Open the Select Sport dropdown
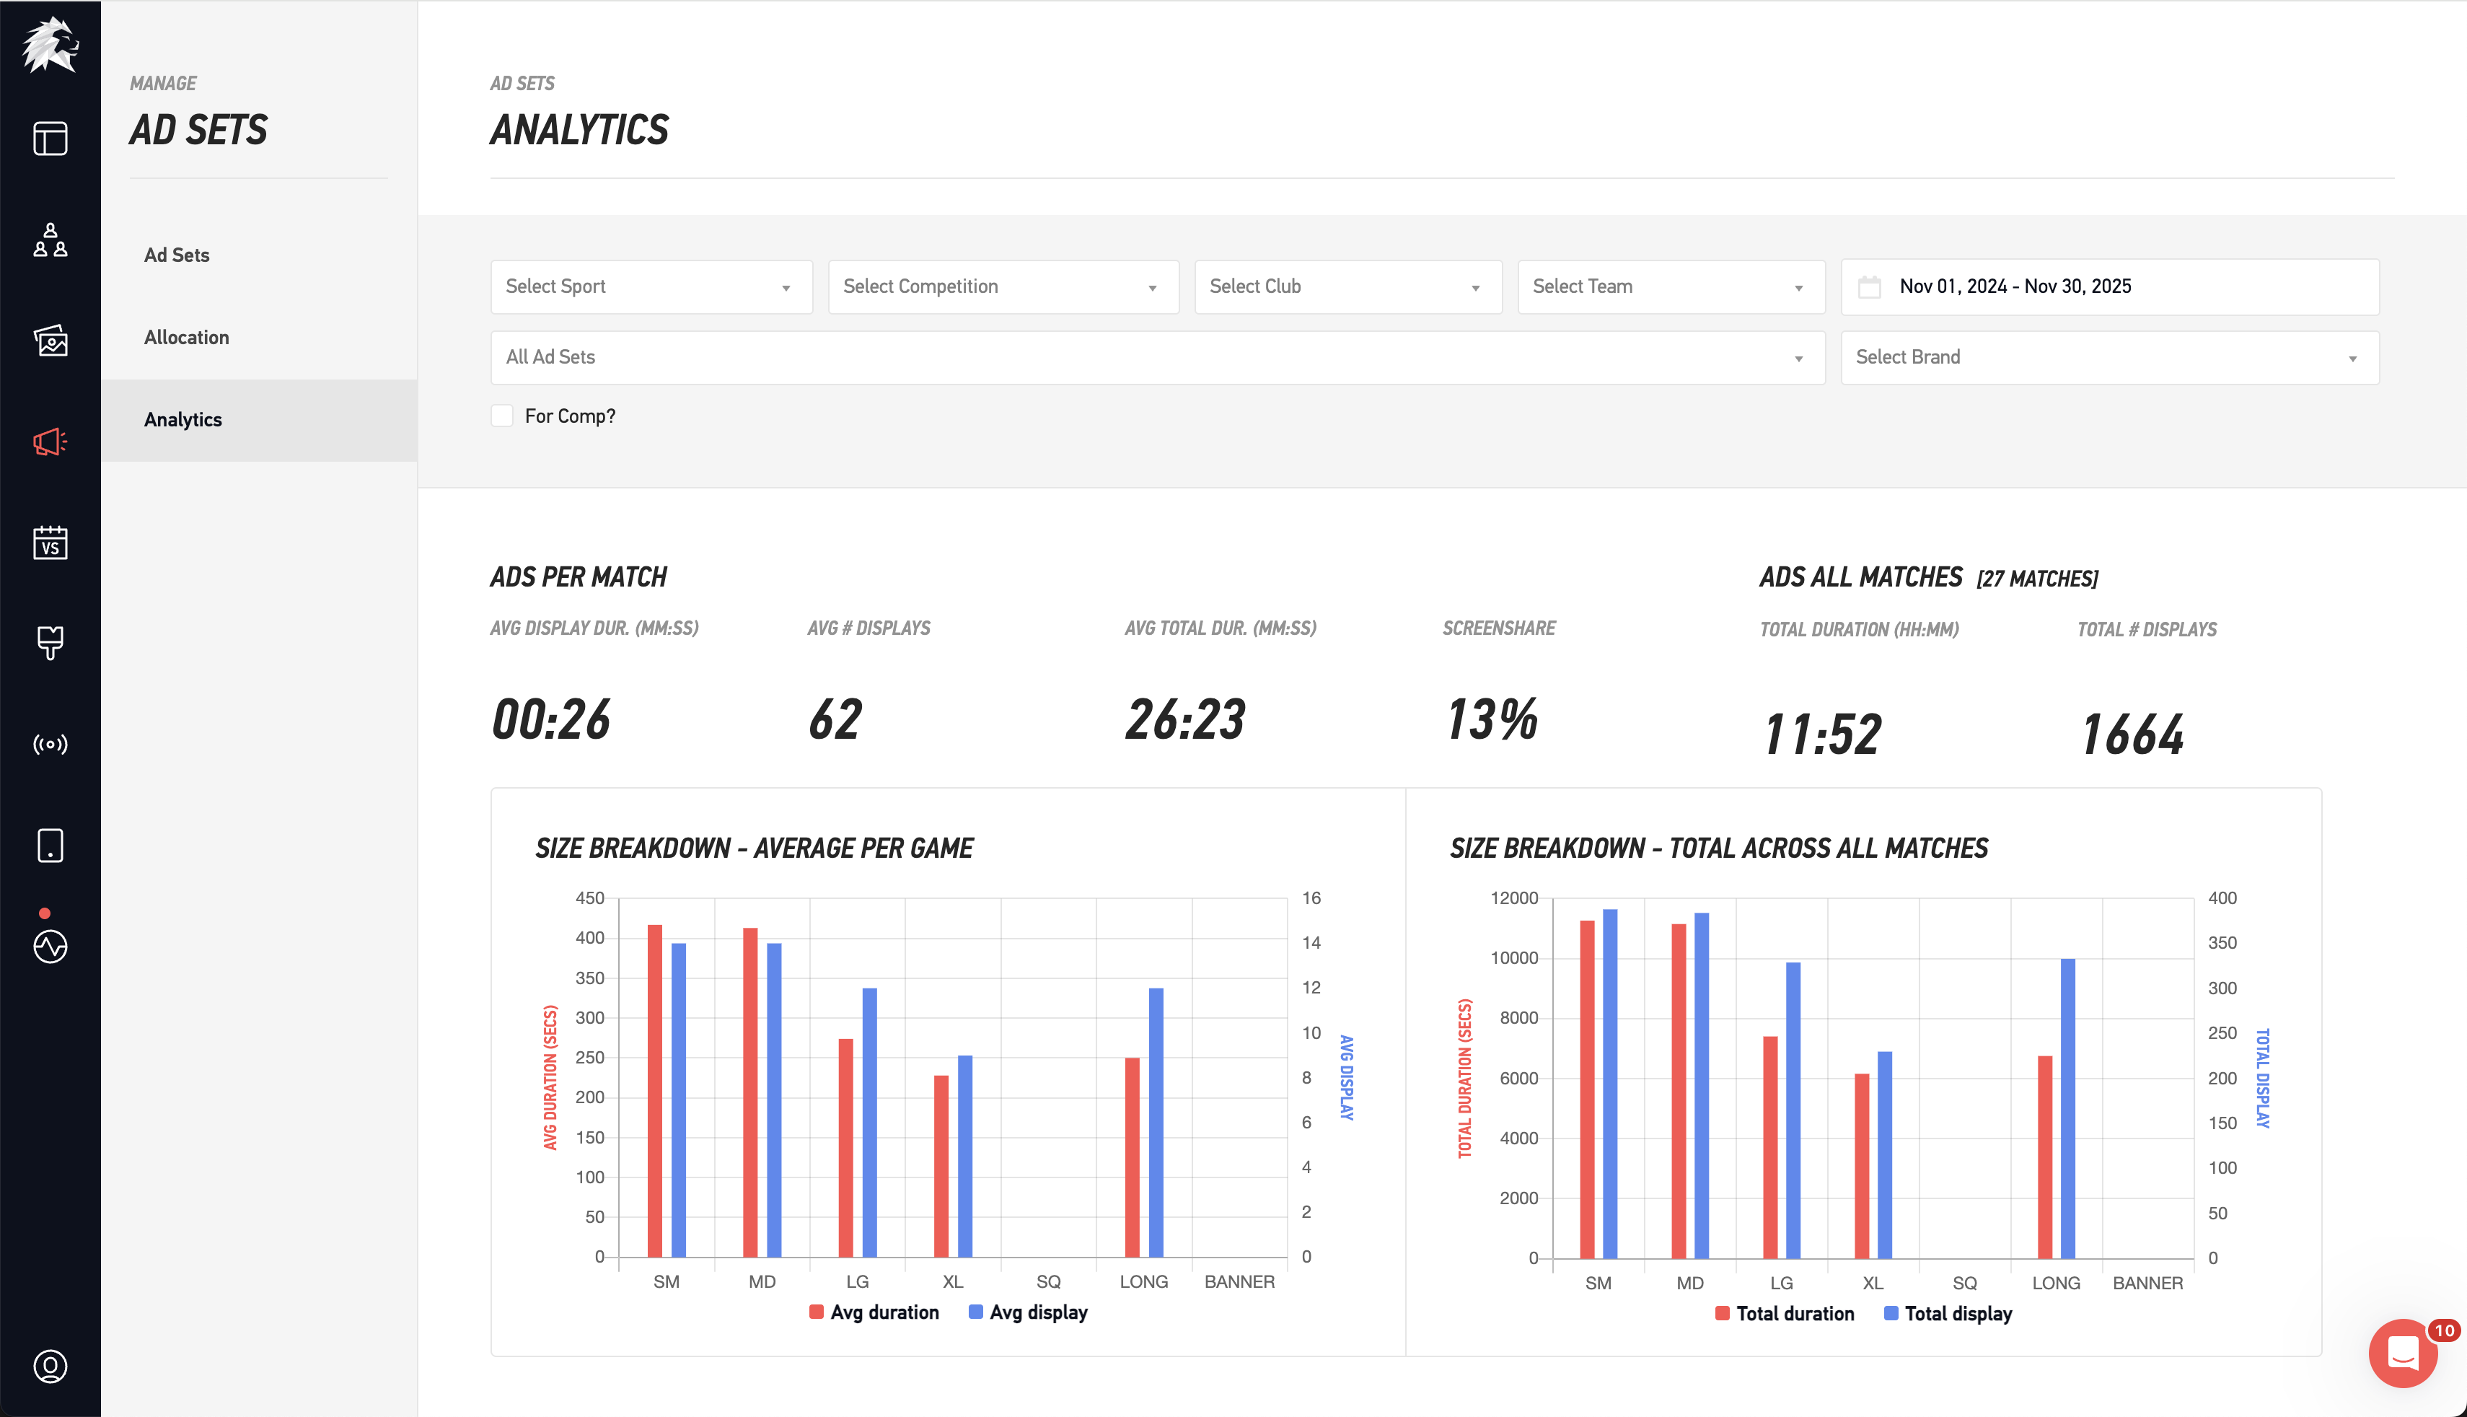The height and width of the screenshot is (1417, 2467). coord(651,286)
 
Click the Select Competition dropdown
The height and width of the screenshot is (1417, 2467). coord(1003,286)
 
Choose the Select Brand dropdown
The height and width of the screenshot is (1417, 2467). coord(2109,357)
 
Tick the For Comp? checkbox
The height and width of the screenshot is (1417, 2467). coord(502,416)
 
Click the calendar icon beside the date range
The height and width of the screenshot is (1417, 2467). coord(1869,287)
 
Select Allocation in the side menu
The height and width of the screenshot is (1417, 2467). coord(187,337)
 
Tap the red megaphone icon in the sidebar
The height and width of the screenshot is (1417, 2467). coord(50,442)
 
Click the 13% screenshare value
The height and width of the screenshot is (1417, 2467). coord(1491,719)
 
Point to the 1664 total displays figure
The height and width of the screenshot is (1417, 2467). coord(2132,734)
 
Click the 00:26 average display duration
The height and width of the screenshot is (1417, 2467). coord(550,719)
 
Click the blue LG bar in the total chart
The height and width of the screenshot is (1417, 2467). coord(1793,1110)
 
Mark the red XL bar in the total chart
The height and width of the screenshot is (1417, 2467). coord(1861,1165)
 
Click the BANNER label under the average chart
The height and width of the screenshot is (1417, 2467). coord(1239,1282)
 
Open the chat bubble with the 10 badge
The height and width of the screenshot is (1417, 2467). coord(2403,1353)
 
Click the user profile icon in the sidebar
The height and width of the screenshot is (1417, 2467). coord(50,1366)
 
